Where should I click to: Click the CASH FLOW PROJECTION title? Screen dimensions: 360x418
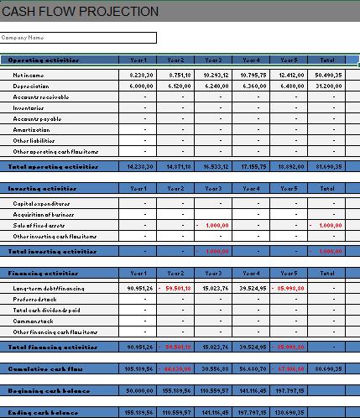81,12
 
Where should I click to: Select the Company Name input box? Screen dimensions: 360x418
79,38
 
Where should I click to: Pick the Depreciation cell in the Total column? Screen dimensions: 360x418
327,86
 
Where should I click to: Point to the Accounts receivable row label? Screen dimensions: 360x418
41,97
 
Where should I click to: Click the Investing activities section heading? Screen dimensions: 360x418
42,189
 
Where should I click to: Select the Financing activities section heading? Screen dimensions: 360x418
42,274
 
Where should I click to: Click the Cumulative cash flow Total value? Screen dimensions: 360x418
327,368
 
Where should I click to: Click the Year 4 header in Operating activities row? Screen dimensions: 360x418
251,60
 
